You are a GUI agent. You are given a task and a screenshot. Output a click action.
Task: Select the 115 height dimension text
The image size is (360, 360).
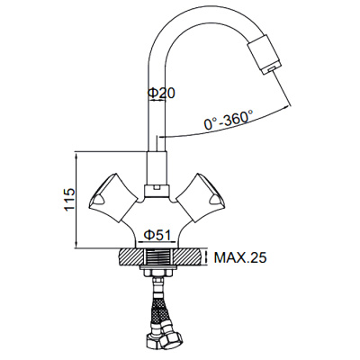[67, 200]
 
